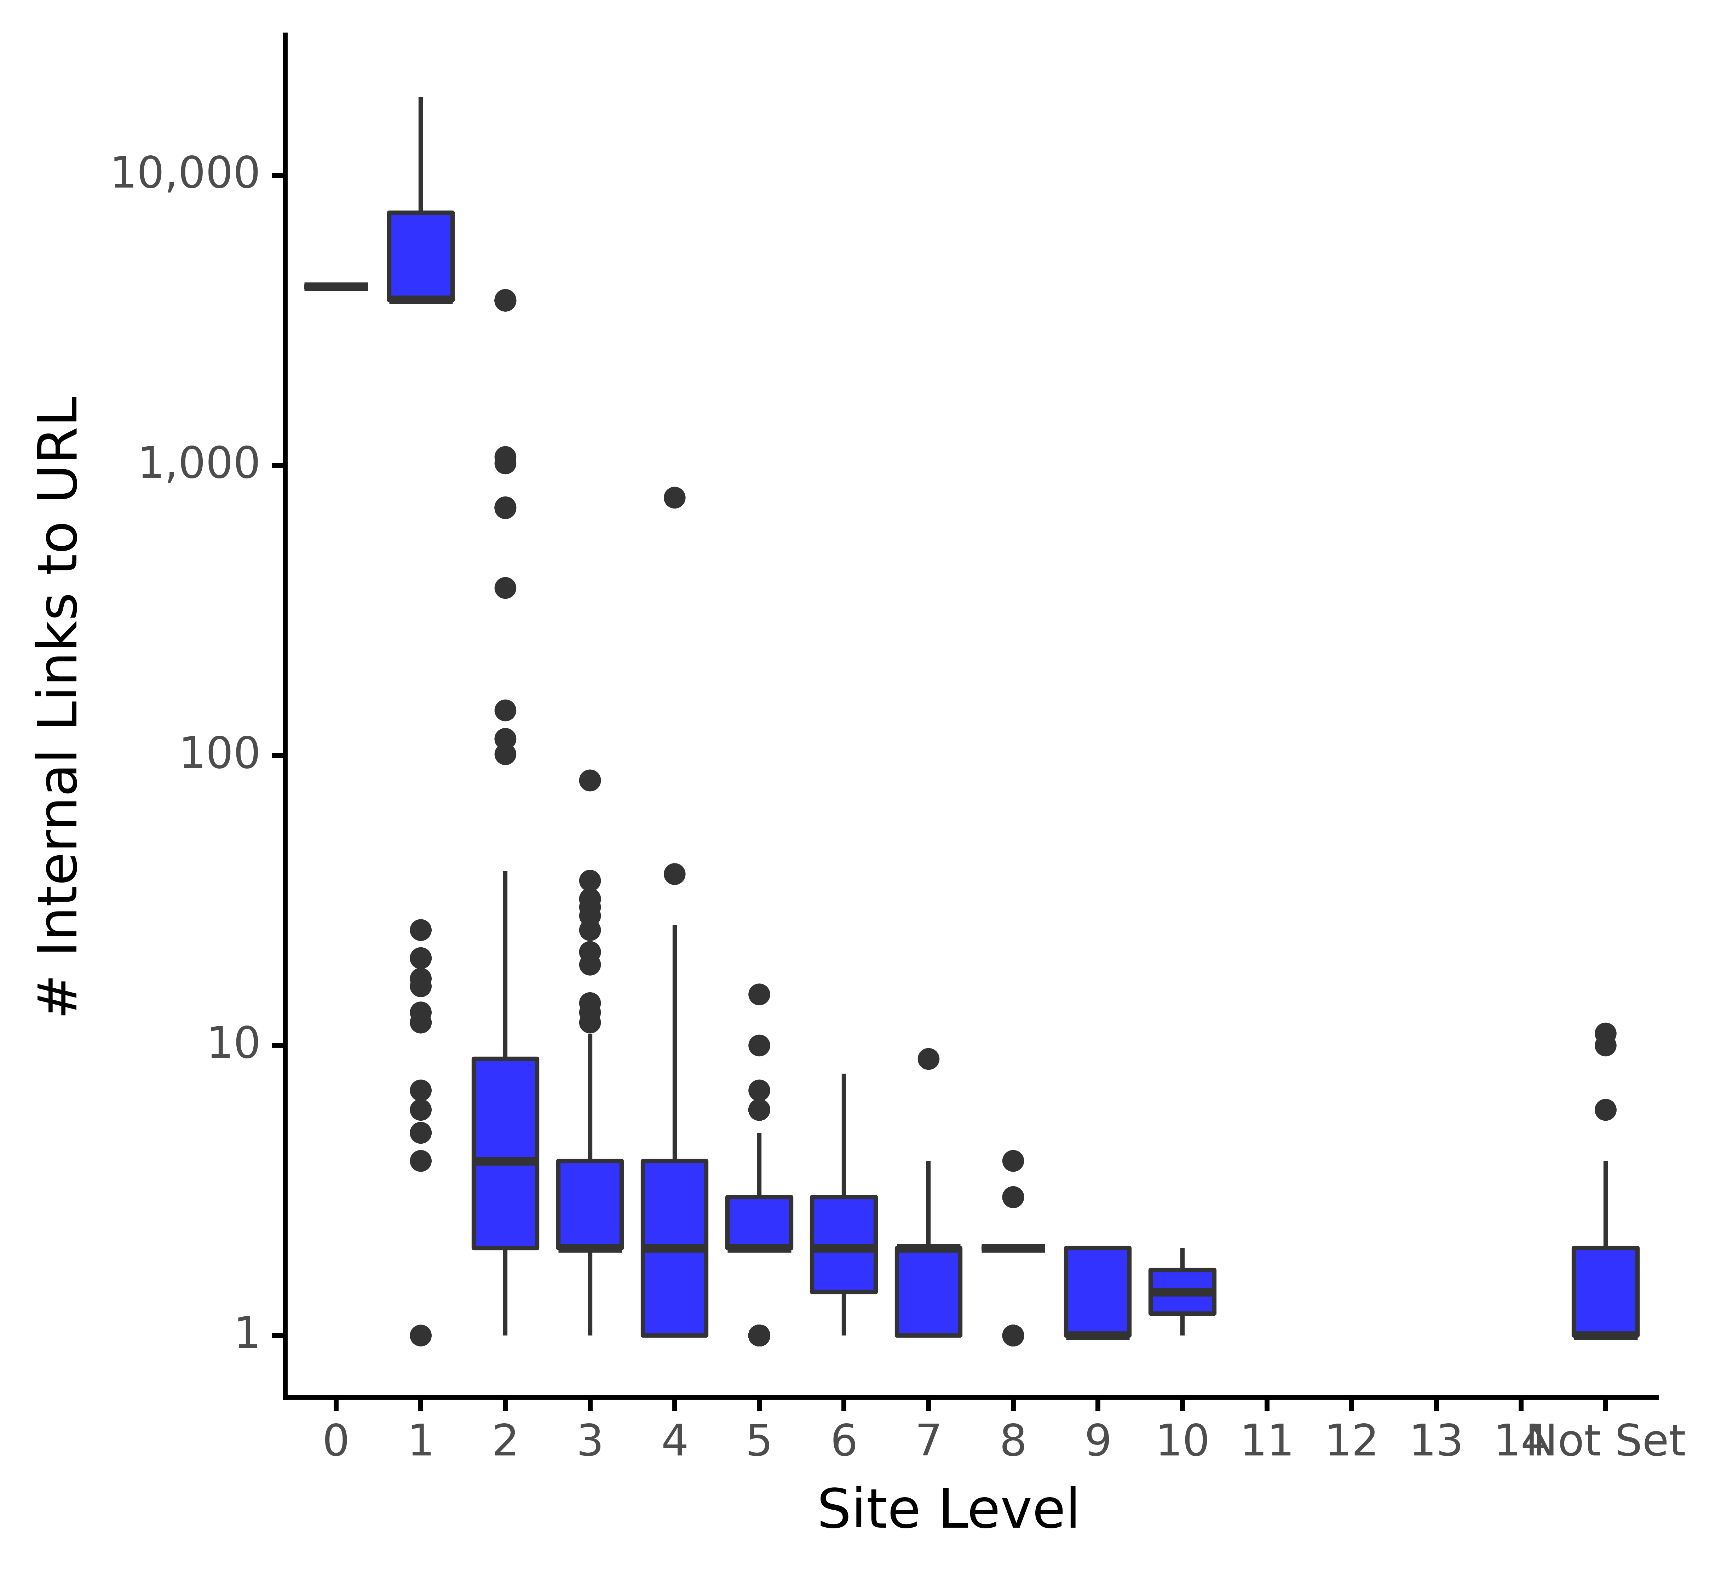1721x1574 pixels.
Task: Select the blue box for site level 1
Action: point(421,256)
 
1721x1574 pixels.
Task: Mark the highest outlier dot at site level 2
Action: point(505,300)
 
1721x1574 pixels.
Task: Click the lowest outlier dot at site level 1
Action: point(421,1335)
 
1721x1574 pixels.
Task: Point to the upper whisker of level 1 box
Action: point(421,154)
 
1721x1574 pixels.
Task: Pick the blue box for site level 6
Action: point(844,1245)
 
